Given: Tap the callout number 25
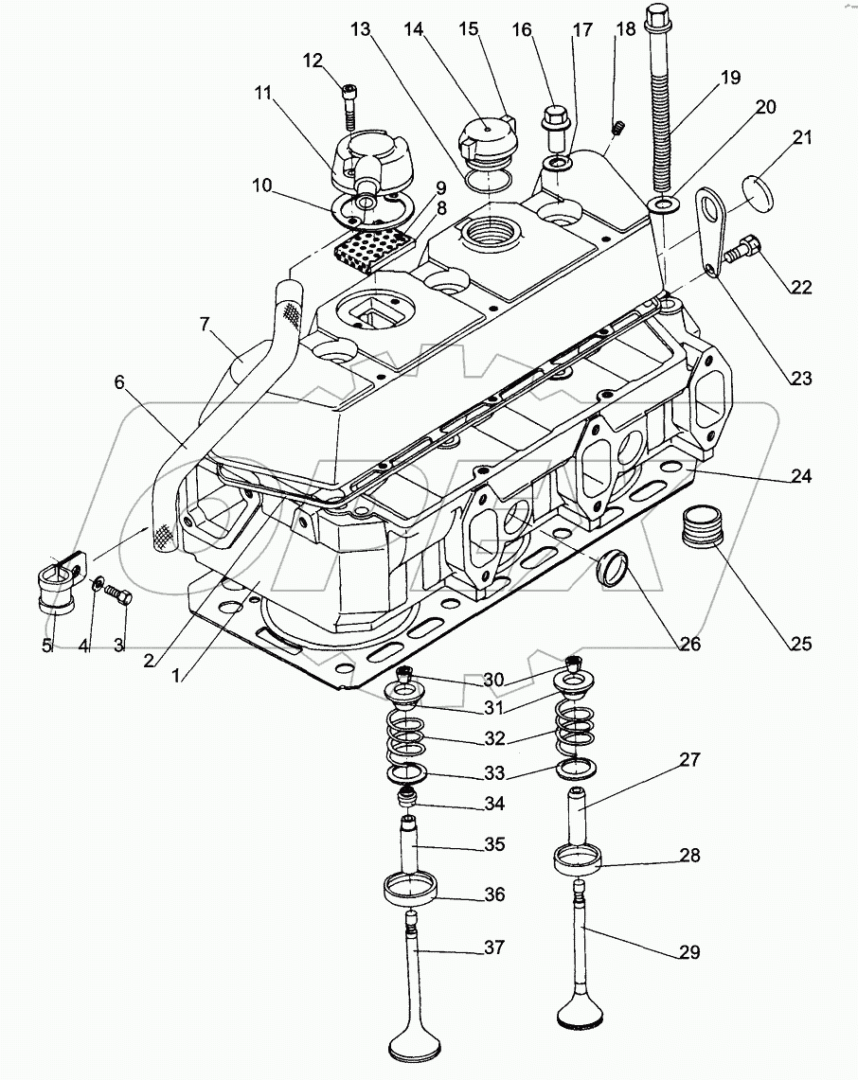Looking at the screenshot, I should pyautogui.click(x=800, y=645).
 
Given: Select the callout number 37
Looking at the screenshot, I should pyautogui.click(x=494, y=947).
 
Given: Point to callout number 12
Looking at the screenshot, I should pyautogui.click(x=313, y=62).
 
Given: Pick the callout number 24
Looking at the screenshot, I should pyautogui.click(x=801, y=476).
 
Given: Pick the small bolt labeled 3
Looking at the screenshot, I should pyautogui.click(x=117, y=594).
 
